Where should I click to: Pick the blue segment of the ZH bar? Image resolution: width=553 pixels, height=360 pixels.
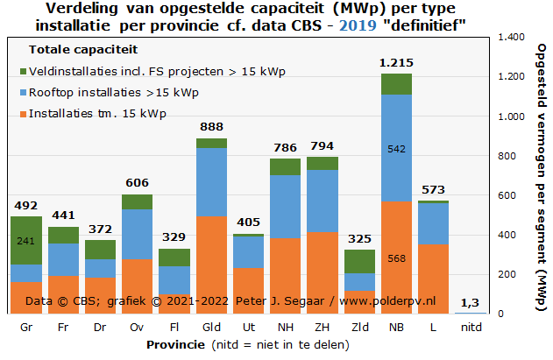pyautogui.click(x=322, y=201)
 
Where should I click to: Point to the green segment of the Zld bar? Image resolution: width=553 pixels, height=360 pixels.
pyautogui.click(x=359, y=261)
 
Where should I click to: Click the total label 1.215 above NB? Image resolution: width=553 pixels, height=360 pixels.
pyautogui.click(x=396, y=63)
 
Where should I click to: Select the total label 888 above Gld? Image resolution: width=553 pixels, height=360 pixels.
pyautogui.click(x=211, y=127)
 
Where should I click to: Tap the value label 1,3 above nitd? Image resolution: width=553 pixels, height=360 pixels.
pyautogui.click(x=470, y=302)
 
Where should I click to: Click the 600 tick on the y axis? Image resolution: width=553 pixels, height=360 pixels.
pyautogui.click(x=511, y=195)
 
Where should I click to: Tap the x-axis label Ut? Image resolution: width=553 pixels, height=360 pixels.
pyautogui.click(x=248, y=328)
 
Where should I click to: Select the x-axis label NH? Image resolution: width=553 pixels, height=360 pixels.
pyautogui.click(x=285, y=328)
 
